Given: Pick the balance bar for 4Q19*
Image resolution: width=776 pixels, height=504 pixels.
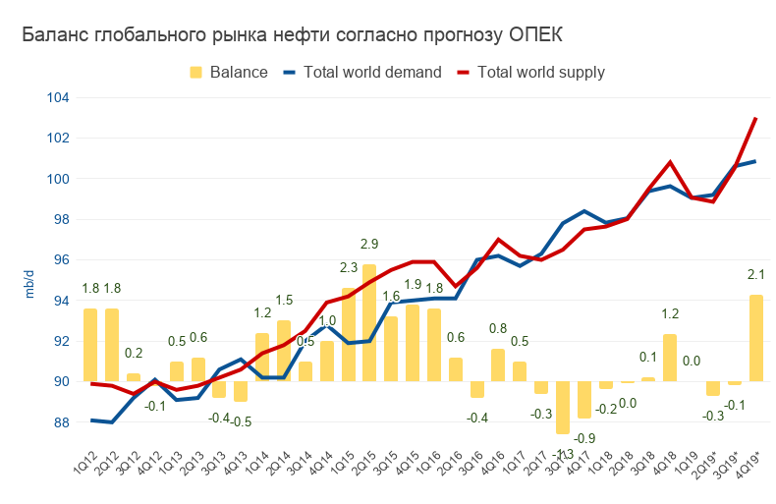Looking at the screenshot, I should (x=756, y=338).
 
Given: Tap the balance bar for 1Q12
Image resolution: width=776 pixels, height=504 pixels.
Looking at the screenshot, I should (x=90, y=345).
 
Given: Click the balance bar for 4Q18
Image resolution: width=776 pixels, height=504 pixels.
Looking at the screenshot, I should (x=670, y=358).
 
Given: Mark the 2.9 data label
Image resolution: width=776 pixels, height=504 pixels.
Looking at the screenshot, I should (x=369, y=245).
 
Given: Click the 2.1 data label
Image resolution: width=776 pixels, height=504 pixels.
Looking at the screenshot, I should (x=756, y=274).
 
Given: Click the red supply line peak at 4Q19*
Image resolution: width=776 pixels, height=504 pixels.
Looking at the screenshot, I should (x=756, y=119).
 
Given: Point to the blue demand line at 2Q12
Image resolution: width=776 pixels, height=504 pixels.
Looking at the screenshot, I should (x=112, y=421).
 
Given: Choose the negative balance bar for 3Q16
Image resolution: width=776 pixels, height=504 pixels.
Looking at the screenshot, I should (x=477, y=389).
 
